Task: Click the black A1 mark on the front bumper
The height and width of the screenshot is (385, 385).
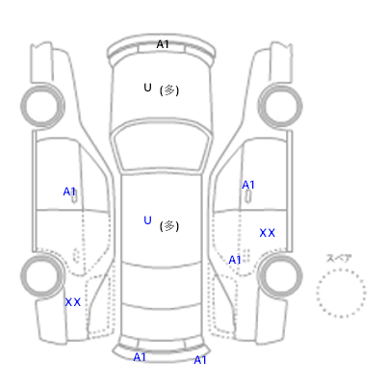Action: pyautogui.click(x=163, y=44)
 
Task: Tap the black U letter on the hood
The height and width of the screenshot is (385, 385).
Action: pyautogui.click(x=147, y=88)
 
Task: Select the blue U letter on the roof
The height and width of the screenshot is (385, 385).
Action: pyautogui.click(x=147, y=220)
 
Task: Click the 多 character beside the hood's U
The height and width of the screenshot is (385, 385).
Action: pyautogui.click(x=169, y=90)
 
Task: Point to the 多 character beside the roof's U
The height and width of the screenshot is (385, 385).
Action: pyautogui.click(x=169, y=226)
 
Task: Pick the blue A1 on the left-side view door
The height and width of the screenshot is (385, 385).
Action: pyautogui.click(x=69, y=192)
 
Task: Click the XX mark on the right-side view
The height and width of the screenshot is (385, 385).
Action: pyautogui.click(x=268, y=233)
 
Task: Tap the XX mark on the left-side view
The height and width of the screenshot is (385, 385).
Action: pyautogui.click(x=73, y=302)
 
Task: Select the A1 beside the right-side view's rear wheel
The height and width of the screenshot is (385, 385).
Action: pyautogui.click(x=235, y=260)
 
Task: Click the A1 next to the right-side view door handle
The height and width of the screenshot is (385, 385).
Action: pyautogui.click(x=248, y=185)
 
